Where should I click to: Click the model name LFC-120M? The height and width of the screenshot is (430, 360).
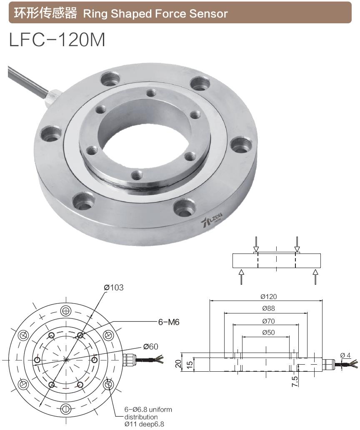point(57,40)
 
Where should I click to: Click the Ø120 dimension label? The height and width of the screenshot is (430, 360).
point(269,297)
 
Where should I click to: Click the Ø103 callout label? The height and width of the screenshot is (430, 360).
point(114,288)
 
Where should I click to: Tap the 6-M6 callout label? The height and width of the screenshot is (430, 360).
point(169,322)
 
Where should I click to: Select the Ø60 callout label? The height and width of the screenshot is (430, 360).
point(151,346)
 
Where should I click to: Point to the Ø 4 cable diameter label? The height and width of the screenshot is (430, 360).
point(345,355)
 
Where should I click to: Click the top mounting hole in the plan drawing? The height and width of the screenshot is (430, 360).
point(65,311)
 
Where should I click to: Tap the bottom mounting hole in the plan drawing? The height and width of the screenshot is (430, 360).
point(65,409)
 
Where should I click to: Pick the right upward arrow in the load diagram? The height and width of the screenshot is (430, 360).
point(315,277)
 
